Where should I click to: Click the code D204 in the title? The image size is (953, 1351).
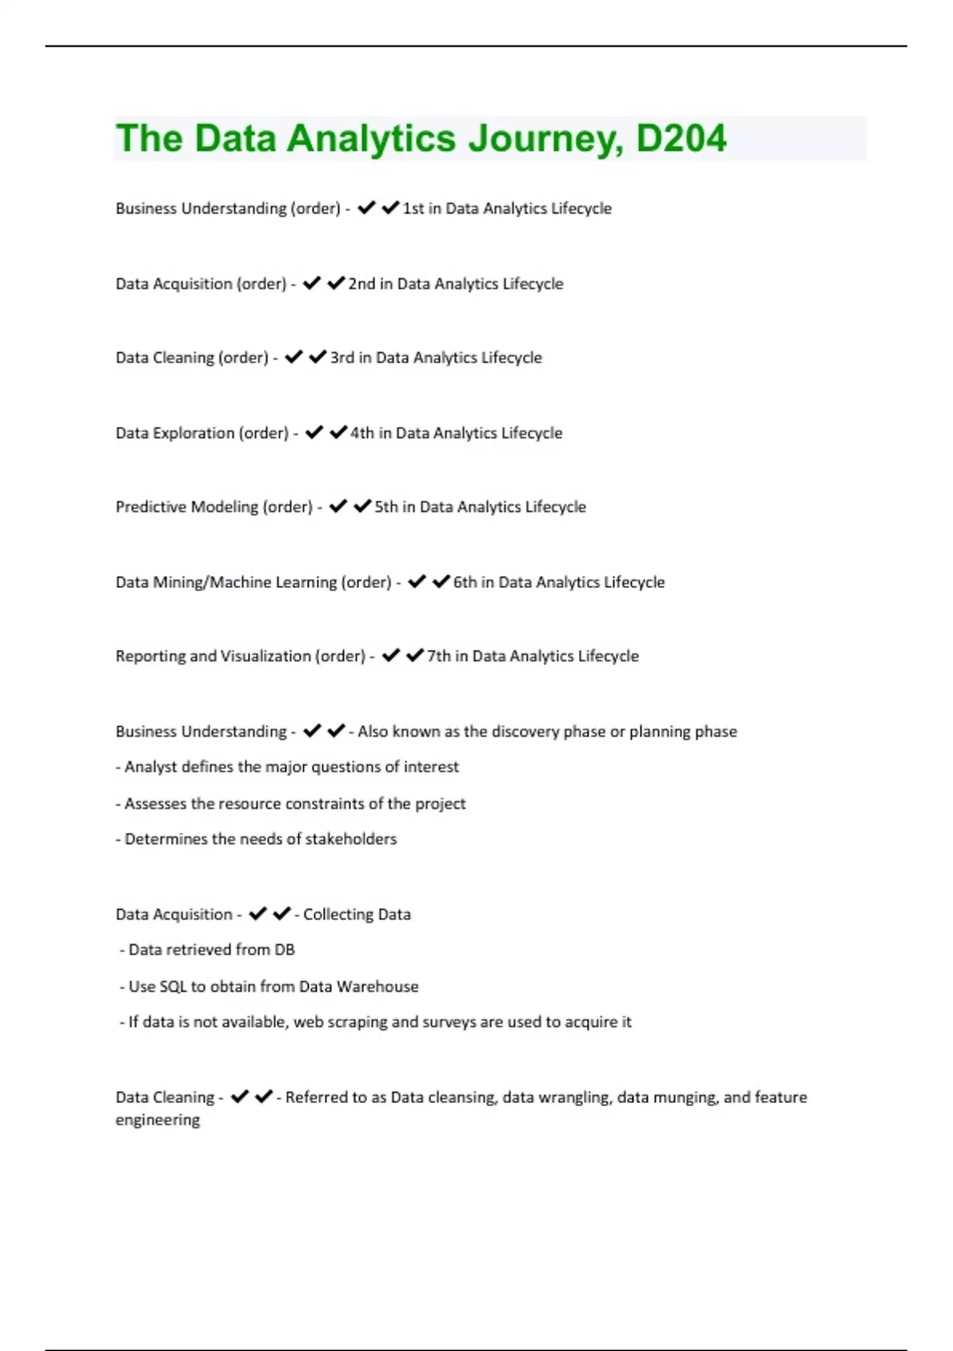[681, 139]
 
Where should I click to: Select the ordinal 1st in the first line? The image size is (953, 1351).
[413, 208]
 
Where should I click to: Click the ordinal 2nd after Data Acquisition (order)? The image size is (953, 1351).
[361, 284]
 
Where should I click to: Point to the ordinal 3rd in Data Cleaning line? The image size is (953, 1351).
[341, 358]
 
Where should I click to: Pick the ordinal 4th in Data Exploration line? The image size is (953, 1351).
[361, 433]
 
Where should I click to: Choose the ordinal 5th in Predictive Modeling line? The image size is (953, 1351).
[386, 507]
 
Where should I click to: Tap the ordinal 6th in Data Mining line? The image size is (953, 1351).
[465, 583]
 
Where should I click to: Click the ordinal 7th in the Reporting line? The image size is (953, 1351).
[438, 656]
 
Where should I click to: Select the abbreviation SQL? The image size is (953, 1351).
[173, 987]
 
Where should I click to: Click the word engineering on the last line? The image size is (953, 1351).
[157, 1121]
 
